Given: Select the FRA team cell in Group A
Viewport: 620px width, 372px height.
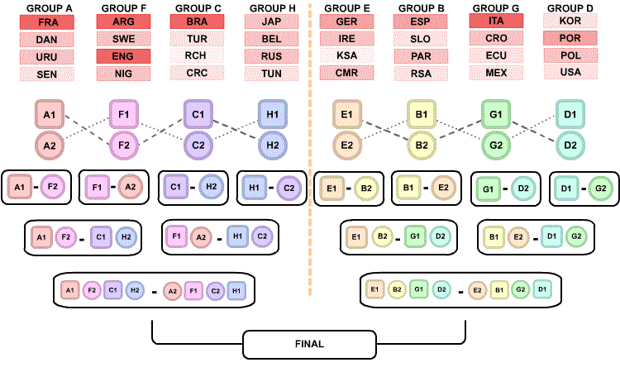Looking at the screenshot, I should coord(47,22).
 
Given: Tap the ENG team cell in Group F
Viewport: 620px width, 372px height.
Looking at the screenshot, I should coord(123,56).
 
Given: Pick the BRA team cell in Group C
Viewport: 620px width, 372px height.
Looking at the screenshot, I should coord(198,22).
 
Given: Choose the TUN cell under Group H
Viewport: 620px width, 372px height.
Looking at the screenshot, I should coord(272,74).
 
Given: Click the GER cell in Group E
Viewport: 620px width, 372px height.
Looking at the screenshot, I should coord(346,22).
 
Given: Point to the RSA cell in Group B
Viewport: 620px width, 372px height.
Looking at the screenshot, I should coord(421,74).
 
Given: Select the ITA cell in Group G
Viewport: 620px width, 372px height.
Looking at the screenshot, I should coord(496,21).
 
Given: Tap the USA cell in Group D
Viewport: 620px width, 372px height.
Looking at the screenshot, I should coord(570,72).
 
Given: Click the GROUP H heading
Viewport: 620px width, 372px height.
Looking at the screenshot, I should coord(272,7).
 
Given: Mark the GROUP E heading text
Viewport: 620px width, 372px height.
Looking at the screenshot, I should coord(346,7).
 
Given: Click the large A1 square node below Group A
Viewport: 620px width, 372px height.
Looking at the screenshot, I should coord(50,114).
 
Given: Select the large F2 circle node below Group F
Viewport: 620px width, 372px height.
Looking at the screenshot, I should coord(124,145).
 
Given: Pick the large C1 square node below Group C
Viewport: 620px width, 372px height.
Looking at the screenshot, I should coord(198,114).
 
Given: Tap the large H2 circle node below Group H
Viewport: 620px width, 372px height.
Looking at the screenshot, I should coord(272,145).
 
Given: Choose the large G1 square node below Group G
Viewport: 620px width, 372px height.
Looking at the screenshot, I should coord(496,114).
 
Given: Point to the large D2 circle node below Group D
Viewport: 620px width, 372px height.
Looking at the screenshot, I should coord(570,145).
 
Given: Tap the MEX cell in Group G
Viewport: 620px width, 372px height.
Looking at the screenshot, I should coord(496,73).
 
